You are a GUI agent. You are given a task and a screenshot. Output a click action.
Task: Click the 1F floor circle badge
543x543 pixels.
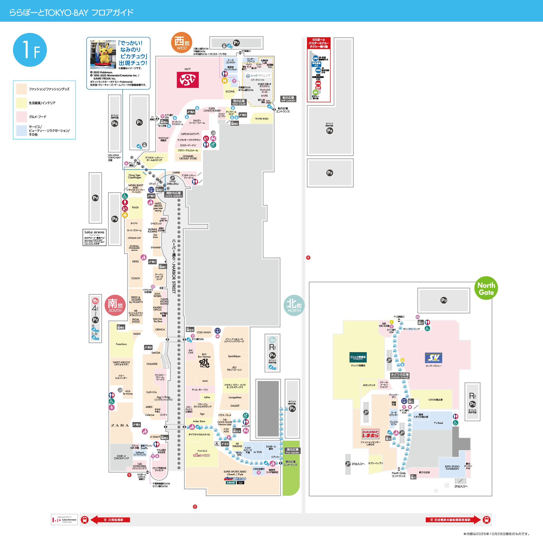30,50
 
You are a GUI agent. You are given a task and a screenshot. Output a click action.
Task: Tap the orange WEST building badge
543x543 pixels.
182,43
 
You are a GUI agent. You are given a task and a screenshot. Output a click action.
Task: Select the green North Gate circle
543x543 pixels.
486,288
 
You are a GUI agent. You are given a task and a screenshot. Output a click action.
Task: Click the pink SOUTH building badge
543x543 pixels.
115,305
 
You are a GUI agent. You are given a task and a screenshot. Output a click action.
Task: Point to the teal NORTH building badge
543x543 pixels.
294,305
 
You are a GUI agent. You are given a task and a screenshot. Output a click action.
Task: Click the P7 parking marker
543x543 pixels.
236,43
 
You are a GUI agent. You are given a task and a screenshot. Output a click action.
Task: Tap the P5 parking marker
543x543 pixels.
330,173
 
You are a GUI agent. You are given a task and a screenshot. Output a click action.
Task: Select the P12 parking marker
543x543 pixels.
444,300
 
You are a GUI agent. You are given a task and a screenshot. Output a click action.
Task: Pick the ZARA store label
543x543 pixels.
120,425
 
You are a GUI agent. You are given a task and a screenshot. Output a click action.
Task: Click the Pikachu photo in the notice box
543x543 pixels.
103,55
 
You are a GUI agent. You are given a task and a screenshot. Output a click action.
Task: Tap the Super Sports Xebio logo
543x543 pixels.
235,479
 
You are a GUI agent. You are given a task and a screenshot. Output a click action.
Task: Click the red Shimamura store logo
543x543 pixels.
370,434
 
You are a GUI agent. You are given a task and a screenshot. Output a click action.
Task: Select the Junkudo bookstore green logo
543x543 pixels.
358,358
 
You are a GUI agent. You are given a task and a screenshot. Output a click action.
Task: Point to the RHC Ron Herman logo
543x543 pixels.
204,363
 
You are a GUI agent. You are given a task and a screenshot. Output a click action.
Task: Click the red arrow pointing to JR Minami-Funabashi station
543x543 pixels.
111,520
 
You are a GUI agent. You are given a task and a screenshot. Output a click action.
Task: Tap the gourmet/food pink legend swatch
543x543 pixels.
22,117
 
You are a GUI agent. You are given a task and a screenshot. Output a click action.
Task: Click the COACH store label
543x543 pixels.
135,278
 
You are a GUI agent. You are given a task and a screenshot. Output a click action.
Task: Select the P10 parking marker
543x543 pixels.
96,198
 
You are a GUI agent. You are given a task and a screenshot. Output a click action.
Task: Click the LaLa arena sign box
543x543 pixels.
94,238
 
